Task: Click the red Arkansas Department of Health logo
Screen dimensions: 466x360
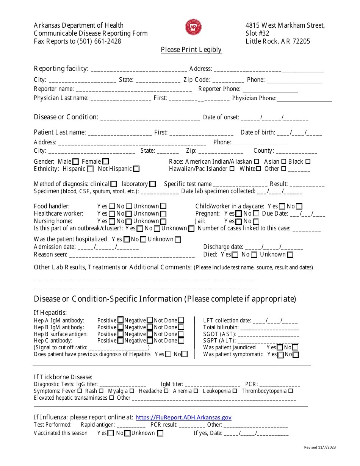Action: click(193, 28)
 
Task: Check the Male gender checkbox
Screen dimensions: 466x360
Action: click(76, 162)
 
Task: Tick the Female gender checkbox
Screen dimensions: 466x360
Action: click(106, 162)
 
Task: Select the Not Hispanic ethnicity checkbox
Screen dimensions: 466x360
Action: click(136, 169)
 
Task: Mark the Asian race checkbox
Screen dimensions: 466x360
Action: click(284, 161)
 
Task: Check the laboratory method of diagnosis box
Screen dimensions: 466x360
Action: click(152, 184)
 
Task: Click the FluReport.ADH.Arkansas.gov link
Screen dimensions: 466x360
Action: click(183, 418)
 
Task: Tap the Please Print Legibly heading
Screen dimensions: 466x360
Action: click(191, 50)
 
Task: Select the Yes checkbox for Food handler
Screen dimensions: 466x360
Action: click(112, 206)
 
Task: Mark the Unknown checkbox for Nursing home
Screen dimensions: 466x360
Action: click(163, 221)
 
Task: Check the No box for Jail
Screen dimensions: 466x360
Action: click(256, 221)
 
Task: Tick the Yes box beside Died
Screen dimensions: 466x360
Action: click(235, 255)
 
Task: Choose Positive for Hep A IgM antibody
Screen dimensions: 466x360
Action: click(121, 321)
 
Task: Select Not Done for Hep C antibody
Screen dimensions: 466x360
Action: click(181, 341)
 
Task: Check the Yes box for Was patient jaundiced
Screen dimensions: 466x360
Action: click(280, 347)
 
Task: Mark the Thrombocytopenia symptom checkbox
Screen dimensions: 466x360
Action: click(291, 391)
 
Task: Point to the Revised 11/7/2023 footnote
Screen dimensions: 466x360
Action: click(320, 447)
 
